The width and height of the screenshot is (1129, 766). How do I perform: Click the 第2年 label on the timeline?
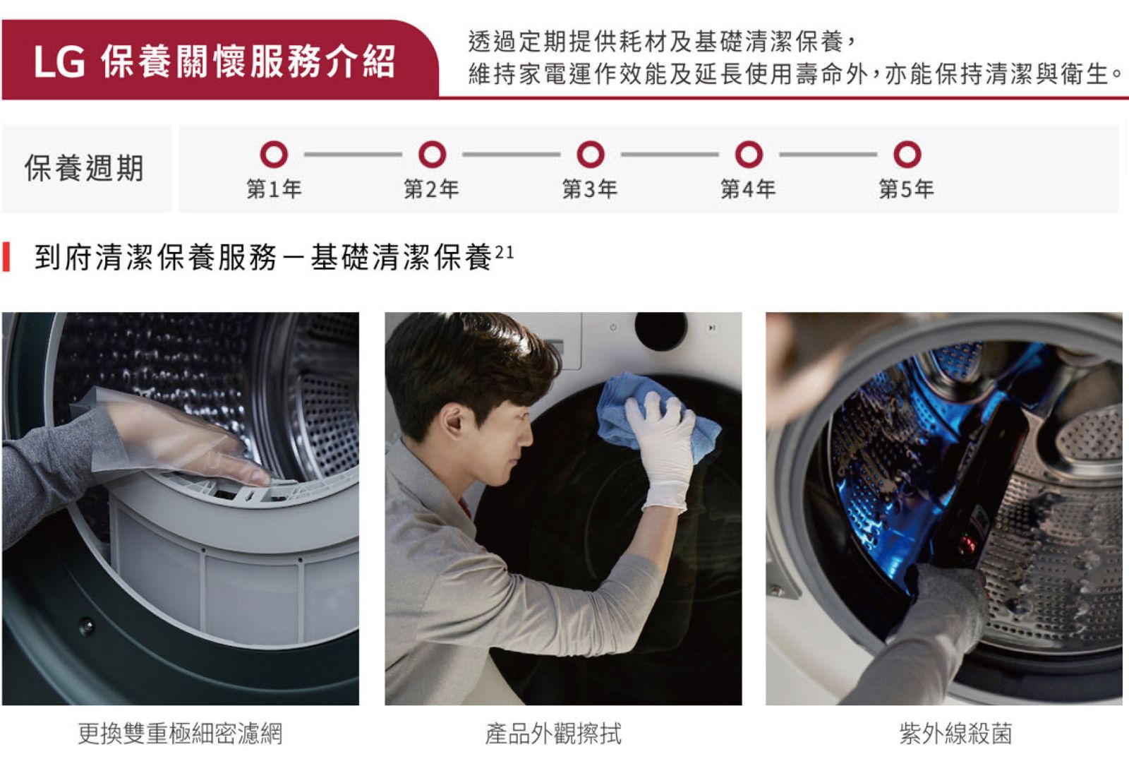pos(431,189)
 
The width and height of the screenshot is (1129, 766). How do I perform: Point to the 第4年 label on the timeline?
pos(748,189)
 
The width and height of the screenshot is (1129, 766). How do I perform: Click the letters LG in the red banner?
pos(59,62)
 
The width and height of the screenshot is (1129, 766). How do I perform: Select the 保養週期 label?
pos(84,168)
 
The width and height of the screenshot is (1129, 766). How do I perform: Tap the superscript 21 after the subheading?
pos(505,252)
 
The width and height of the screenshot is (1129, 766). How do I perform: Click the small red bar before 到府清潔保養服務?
pos(6,257)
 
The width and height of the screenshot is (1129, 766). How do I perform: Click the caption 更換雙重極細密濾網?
pos(180,734)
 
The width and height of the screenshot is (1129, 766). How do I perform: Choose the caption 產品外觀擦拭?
pos(553,734)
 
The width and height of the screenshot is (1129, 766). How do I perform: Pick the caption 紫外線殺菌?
pos(955,734)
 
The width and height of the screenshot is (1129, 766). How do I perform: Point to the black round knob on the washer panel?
pos(660,330)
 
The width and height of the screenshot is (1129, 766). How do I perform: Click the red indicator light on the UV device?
pos(966,543)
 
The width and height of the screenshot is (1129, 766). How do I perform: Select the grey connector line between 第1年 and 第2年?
pos(353,155)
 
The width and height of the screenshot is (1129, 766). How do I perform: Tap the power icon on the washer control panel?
pos(613,327)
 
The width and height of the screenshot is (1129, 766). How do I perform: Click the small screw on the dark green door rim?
pos(87,626)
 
